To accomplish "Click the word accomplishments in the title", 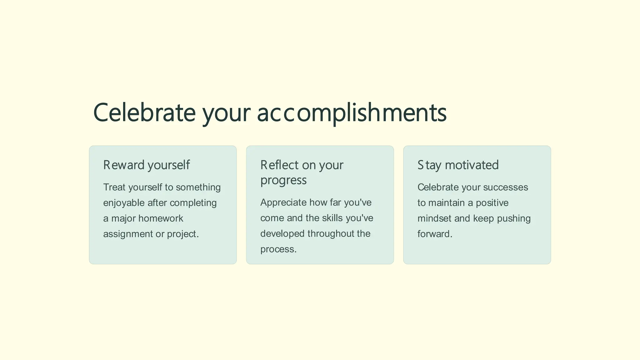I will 352,113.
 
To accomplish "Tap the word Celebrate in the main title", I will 144,113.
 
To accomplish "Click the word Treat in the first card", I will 114,187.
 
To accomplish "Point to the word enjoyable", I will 124,203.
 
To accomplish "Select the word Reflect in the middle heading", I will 279,165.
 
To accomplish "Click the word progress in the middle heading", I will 283,180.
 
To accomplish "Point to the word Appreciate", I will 283,202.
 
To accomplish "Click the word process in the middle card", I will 277,249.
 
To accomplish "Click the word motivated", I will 472,165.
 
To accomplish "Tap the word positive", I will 492,203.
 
